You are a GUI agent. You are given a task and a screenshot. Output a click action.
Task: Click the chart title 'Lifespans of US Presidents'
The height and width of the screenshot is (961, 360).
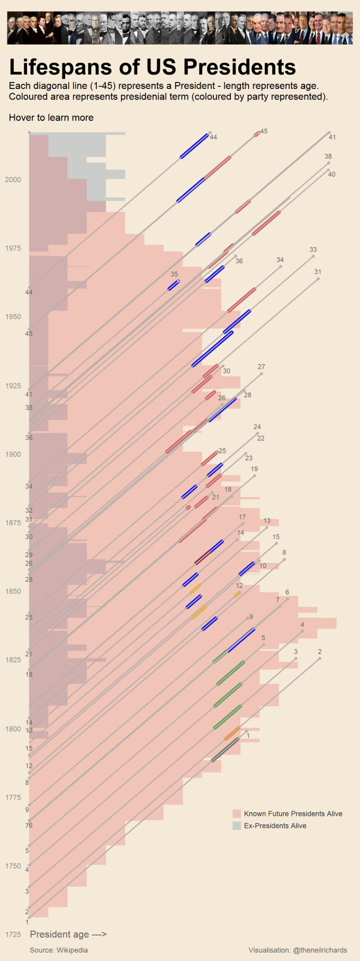(x=152, y=67)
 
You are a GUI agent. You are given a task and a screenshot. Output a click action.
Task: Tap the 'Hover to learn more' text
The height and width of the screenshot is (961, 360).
(x=51, y=118)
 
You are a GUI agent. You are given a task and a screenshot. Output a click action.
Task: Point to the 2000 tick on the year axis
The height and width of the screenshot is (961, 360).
(x=13, y=179)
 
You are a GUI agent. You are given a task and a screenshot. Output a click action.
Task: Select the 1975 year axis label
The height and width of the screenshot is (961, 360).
(x=13, y=248)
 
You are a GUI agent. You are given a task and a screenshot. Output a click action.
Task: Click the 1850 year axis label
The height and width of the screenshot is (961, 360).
(x=13, y=591)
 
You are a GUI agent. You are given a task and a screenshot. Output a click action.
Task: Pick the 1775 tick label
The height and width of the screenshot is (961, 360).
(x=13, y=797)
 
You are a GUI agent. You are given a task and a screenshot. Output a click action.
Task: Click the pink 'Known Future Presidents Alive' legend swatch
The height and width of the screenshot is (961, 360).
(x=237, y=814)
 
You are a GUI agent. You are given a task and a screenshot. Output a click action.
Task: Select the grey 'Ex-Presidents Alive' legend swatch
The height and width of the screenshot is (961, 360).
(x=237, y=826)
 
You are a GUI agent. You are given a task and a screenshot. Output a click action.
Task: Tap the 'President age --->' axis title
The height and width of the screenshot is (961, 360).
(x=68, y=934)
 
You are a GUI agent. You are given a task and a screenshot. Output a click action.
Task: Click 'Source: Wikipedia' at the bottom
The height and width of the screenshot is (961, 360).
(x=59, y=950)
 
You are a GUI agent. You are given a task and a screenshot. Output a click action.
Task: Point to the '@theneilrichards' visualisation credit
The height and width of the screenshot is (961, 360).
(x=298, y=950)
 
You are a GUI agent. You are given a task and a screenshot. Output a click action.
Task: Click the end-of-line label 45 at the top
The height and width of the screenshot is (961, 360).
(x=264, y=131)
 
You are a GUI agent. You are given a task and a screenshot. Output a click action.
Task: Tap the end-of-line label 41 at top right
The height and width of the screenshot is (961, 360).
(x=332, y=137)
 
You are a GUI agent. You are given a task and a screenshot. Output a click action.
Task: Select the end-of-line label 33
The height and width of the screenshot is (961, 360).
(x=313, y=249)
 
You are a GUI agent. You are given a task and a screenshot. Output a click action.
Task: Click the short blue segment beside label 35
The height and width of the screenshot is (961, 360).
(x=174, y=285)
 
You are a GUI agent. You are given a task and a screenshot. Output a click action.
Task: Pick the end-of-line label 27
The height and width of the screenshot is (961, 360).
(x=262, y=367)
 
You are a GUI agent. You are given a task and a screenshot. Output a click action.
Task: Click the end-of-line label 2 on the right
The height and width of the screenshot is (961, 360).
(x=320, y=652)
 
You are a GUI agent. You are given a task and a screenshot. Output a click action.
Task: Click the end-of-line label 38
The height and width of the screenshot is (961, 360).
(x=328, y=157)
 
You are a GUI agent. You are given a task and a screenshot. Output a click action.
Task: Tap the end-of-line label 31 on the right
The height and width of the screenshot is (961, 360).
(x=318, y=272)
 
